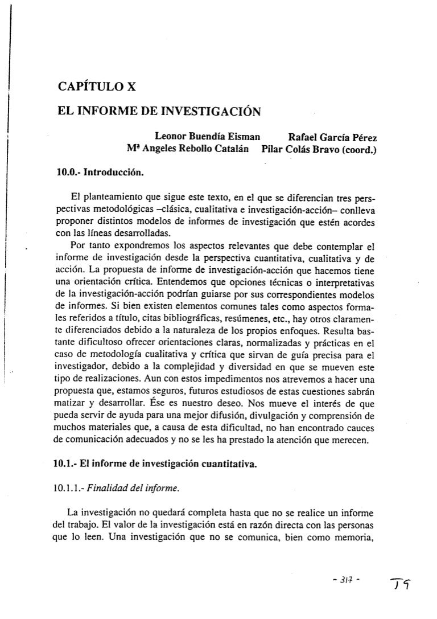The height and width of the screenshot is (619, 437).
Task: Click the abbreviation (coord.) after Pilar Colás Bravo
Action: pos(361,150)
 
